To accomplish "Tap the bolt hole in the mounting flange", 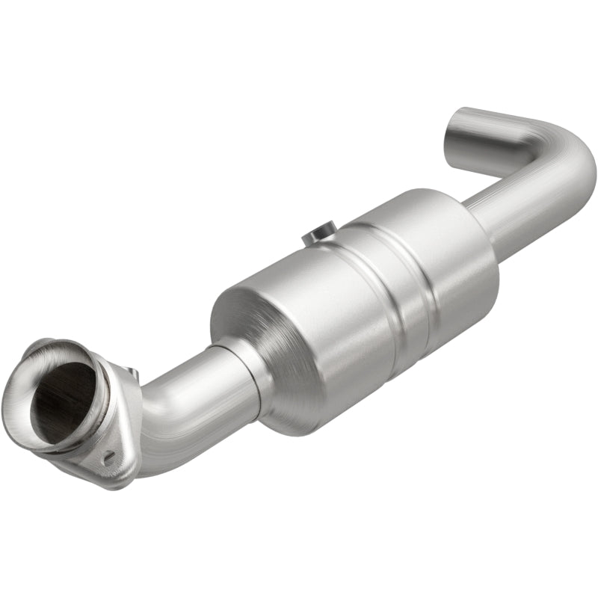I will click(x=109, y=458).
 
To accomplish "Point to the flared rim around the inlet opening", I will click(x=30, y=374).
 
